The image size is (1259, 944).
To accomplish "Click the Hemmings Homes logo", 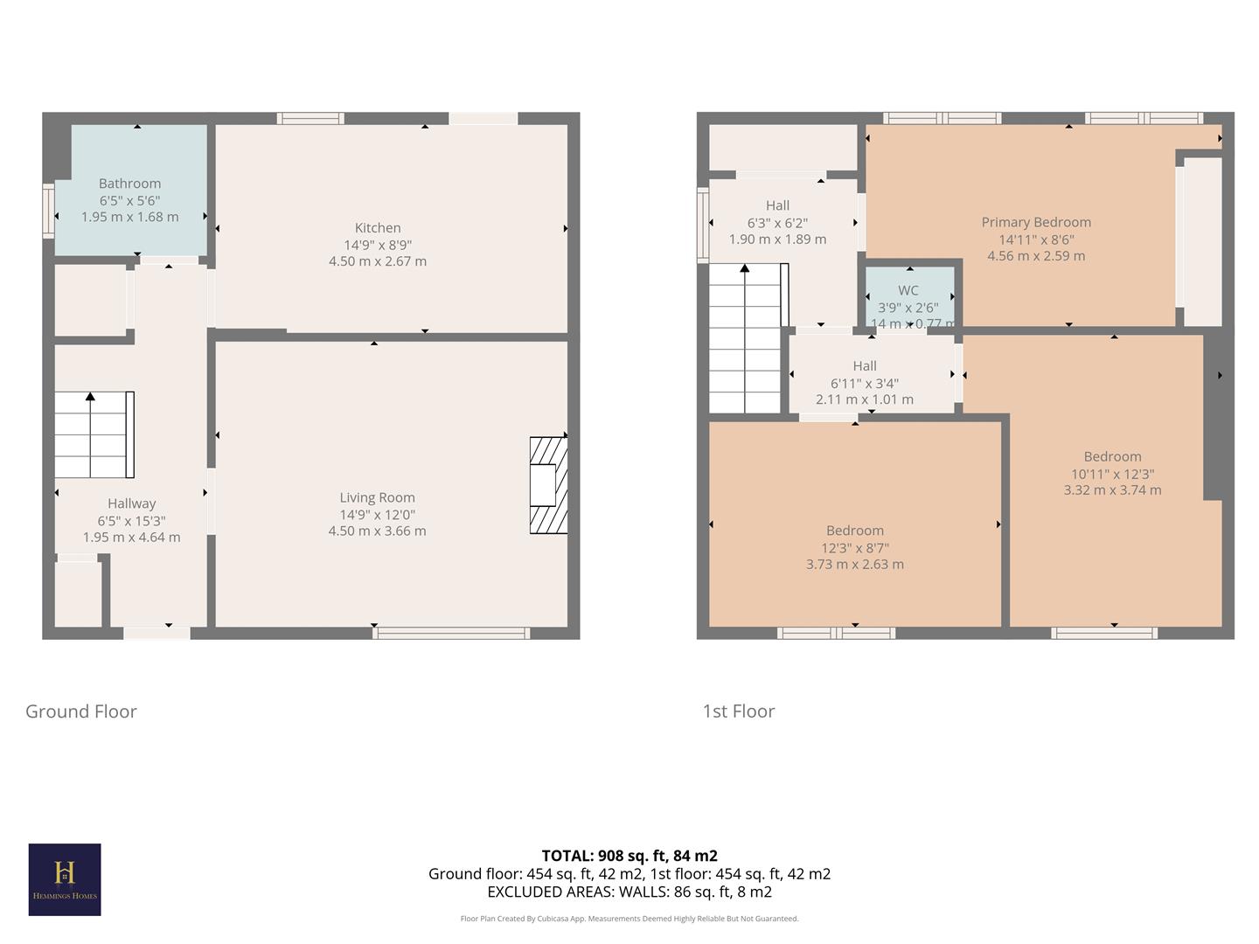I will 65,879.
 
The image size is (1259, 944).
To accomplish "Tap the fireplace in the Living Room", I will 548,485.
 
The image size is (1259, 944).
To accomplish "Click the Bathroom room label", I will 129,184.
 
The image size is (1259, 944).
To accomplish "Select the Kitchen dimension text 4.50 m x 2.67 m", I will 378,261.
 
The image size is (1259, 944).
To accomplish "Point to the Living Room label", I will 378,497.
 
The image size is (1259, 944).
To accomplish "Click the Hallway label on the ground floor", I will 132,503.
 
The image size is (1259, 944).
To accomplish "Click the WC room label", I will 908,290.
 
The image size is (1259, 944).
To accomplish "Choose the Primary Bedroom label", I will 1036,222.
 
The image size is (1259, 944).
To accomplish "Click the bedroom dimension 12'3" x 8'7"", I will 855,548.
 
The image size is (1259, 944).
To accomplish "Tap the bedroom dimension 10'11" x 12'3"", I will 1112,474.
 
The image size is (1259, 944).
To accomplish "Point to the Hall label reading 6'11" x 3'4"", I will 865,383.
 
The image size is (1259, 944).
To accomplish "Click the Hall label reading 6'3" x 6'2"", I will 777,223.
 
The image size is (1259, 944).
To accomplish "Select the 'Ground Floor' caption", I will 81,711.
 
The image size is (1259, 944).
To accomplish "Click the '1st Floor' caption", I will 739,711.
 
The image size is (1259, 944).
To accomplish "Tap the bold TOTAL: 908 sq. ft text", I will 629,856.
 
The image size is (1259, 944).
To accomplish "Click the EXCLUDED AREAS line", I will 629,892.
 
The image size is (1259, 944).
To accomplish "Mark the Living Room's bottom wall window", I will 451,633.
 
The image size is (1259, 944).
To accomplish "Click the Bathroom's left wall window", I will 49,211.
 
